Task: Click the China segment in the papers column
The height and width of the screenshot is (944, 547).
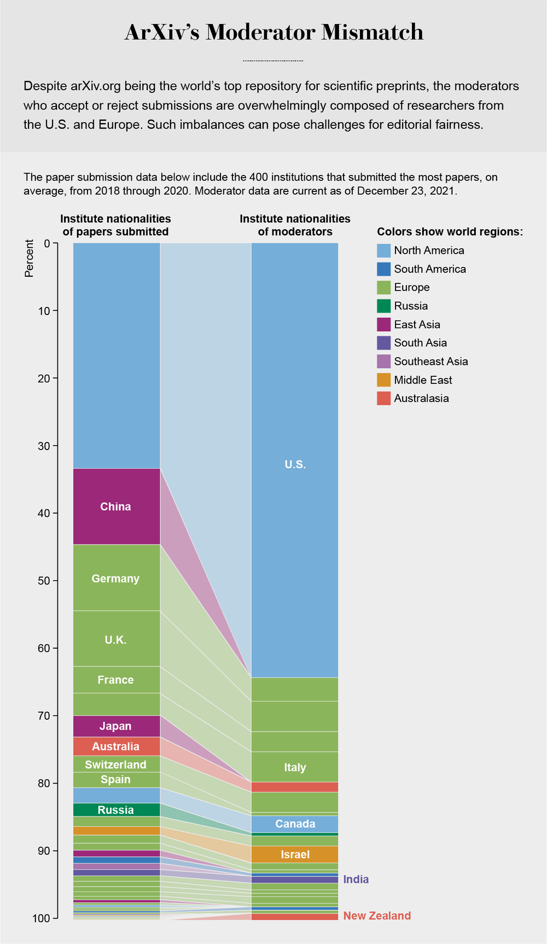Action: (x=116, y=506)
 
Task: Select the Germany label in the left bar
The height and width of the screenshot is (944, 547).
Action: (x=116, y=579)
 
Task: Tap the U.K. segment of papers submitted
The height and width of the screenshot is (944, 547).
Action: (x=116, y=640)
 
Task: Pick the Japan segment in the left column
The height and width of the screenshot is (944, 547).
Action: (x=116, y=726)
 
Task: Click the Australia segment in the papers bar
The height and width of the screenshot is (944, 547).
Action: (x=116, y=747)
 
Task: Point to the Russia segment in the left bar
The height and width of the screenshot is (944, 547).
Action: (x=116, y=810)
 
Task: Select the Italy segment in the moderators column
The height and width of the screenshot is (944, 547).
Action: (x=295, y=767)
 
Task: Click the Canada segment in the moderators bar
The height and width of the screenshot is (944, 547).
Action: (x=295, y=824)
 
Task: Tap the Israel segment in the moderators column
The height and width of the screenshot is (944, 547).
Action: (x=295, y=855)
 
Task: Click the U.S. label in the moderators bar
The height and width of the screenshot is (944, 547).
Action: (x=295, y=465)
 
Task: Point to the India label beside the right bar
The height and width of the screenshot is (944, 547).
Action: (x=356, y=879)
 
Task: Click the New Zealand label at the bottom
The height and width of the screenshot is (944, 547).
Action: (x=377, y=916)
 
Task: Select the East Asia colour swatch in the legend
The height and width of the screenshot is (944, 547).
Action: (x=384, y=324)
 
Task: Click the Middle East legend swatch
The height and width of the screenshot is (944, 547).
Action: (x=384, y=380)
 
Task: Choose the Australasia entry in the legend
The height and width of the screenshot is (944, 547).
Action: (x=421, y=398)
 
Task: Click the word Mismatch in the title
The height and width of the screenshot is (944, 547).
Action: (x=372, y=33)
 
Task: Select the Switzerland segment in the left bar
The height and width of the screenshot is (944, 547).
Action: (x=116, y=765)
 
